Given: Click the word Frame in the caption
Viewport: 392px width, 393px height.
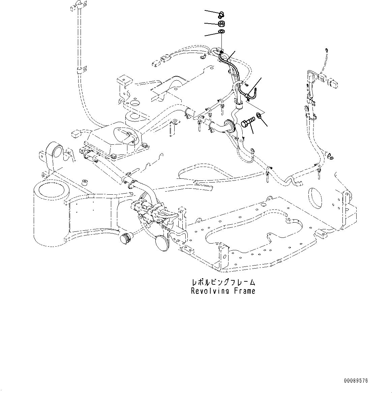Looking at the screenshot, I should (x=244, y=291).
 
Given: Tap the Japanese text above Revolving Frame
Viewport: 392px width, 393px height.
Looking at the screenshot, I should (x=223, y=282).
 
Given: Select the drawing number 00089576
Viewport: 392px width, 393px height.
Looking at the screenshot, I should (x=356, y=381).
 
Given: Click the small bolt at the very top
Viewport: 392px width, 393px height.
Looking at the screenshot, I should (x=221, y=14).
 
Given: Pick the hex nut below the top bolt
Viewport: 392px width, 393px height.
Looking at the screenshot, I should (x=221, y=24).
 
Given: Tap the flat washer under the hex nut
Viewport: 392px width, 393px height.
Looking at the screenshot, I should (x=221, y=32).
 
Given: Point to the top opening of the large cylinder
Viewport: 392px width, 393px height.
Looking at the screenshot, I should (x=50, y=191).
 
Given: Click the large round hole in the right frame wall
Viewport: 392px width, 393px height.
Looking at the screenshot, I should (x=316, y=196).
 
